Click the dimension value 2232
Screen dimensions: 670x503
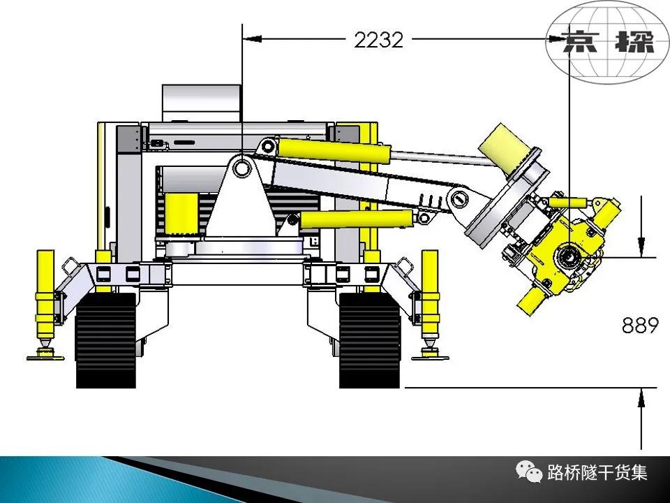(x=378, y=41)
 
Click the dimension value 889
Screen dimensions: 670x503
(x=640, y=326)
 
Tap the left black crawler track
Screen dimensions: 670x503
(x=105, y=340)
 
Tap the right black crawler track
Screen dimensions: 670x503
(x=370, y=340)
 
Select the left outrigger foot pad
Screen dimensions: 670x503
(x=45, y=356)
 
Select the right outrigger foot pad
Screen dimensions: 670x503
(x=430, y=356)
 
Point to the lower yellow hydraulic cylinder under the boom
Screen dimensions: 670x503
(x=357, y=219)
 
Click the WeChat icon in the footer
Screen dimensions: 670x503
(x=528, y=472)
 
